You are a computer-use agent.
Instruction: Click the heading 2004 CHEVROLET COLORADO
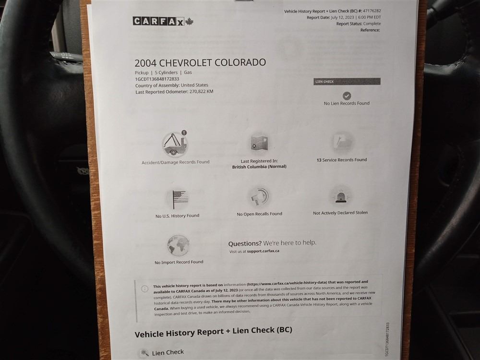[200, 63]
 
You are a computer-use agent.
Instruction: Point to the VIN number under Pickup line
[157, 79]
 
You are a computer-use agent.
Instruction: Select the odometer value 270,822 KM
[202, 92]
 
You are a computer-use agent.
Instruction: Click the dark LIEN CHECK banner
[347, 82]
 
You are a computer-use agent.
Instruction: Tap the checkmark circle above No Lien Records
[347, 96]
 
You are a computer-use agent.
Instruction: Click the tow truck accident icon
[175, 144]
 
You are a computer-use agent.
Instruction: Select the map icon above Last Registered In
[259, 143]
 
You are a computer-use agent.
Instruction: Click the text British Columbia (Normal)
[259, 167]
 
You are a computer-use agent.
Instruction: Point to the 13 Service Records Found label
[342, 160]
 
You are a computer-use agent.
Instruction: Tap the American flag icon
[180, 199]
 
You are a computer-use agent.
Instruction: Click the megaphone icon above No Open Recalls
[260, 196]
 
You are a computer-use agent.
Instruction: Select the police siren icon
[340, 196]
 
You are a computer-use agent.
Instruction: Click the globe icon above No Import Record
[178, 245]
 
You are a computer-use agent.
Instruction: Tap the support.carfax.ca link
[263, 251]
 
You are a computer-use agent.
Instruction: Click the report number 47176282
[372, 11]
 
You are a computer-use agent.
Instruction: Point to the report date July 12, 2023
[342, 17]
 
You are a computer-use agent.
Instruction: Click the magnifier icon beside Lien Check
[144, 353]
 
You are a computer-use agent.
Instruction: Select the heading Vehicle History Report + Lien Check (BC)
[214, 332]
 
